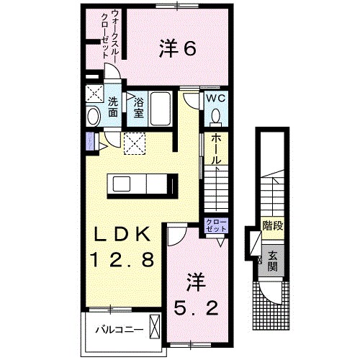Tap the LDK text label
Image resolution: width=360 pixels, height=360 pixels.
pos(120,235)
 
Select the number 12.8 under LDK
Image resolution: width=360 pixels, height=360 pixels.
pos(121,259)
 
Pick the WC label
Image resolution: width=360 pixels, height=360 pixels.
pos(217,99)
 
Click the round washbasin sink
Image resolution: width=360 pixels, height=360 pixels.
pos(93,116)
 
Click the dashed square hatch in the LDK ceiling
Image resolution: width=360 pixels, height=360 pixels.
pos(135,143)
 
